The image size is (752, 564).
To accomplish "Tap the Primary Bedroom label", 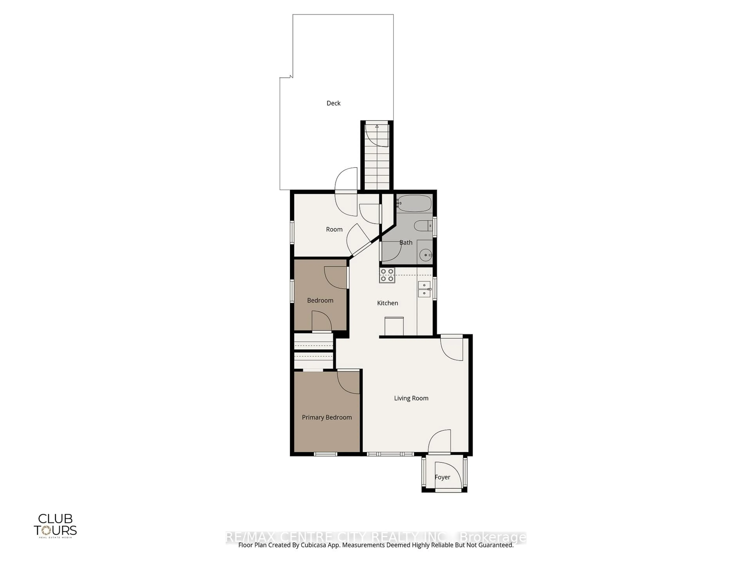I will [x=327, y=417].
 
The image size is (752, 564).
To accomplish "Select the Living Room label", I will [x=411, y=398].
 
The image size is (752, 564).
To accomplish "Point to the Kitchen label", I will [x=387, y=303].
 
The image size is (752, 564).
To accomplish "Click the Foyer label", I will [x=442, y=477].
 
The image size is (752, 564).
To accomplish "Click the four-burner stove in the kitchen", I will [x=387, y=275].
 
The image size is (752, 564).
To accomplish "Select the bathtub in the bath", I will [x=414, y=203].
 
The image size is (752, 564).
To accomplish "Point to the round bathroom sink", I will [x=425, y=255].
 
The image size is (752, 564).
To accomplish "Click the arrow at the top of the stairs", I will [x=377, y=127].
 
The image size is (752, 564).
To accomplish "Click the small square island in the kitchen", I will [x=394, y=326].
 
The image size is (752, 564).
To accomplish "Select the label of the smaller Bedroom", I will [x=320, y=300].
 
